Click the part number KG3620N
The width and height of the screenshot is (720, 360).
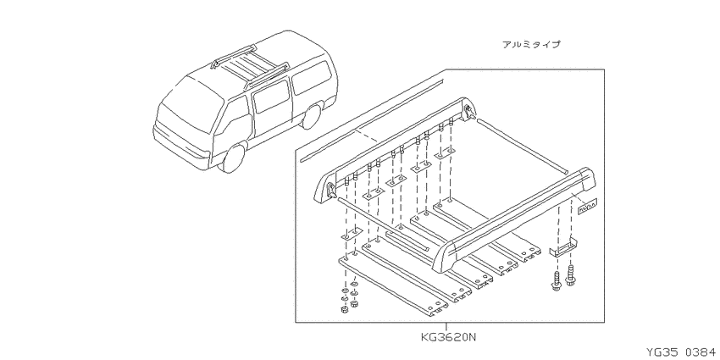click(x=449, y=337)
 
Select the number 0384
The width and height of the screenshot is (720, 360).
click(x=701, y=352)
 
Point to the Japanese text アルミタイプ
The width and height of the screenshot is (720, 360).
click(x=531, y=45)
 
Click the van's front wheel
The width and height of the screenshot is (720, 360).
click(x=233, y=157)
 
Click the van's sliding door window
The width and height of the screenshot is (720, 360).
click(x=272, y=97)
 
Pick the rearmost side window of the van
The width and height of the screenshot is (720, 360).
click(x=313, y=76)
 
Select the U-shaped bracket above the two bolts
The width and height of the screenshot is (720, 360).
click(x=563, y=248)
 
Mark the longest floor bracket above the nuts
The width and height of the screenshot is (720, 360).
click(x=392, y=285)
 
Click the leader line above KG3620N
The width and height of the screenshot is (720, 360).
click(x=446, y=327)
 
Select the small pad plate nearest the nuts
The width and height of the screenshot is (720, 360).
click(x=352, y=235)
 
